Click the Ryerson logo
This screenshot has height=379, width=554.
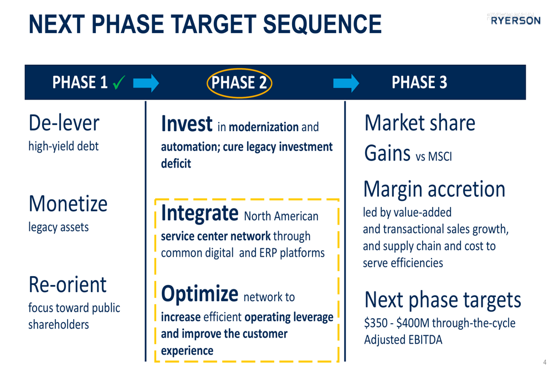point(515,20)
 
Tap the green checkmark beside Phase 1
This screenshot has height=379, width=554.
point(119,82)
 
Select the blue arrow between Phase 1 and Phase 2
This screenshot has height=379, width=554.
point(146,84)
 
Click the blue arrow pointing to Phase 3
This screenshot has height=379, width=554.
point(346,84)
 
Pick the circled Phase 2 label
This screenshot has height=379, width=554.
point(239,83)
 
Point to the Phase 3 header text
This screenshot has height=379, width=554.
point(419,82)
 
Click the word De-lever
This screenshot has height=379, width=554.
point(64,123)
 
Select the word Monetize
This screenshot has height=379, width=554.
point(68,204)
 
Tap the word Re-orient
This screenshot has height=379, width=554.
point(68,284)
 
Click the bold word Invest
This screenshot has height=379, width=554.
point(187,124)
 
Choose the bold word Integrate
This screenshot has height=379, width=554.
point(199,213)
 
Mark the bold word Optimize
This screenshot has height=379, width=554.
point(199,294)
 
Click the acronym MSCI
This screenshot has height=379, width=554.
point(440,157)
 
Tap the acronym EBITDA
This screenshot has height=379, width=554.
point(425,340)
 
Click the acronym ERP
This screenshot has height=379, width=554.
point(268,253)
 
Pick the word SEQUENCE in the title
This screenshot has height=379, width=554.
point(322,24)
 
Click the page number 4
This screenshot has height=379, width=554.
point(545,362)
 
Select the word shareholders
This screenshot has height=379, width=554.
point(59,324)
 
